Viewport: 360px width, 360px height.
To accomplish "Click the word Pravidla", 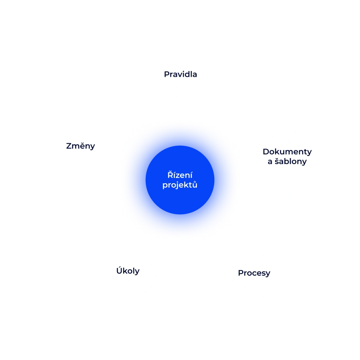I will coord(180,74).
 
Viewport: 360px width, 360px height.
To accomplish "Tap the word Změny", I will coord(80,146).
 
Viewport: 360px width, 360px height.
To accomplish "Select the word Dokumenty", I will coord(287,152).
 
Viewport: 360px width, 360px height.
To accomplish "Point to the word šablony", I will coord(291,161).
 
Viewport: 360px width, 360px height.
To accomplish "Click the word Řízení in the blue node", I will coord(180,175).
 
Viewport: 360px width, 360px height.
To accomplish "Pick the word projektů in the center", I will coord(180,185).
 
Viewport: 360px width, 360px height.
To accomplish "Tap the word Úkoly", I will coord(128,271).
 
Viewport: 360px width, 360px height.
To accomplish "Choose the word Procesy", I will coord(254,273).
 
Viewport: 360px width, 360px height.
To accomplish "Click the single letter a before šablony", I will coord(270,162).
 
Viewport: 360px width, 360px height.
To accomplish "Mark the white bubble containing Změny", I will coord(80,166).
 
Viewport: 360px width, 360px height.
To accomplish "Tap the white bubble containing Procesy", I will coord(254,294).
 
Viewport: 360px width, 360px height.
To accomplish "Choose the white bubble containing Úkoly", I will coord(127,294).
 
